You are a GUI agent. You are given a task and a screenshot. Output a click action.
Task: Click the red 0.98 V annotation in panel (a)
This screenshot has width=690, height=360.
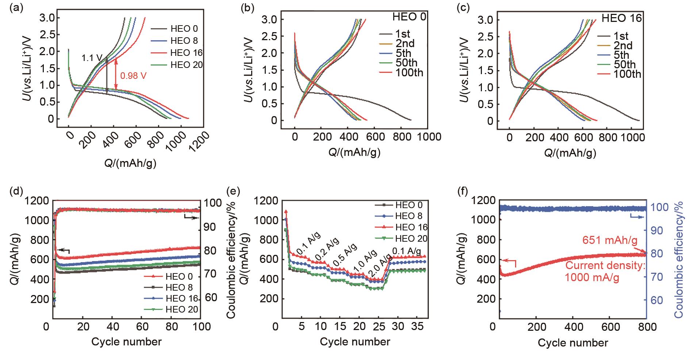pos(134,76)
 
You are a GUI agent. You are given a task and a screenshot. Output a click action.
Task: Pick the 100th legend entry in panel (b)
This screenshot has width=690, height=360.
pos(409,73)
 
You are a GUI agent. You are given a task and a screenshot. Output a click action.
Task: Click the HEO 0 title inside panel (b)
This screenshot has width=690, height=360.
pos(409,17)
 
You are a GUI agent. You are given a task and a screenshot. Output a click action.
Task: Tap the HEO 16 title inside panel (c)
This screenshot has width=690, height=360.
pos(621,18)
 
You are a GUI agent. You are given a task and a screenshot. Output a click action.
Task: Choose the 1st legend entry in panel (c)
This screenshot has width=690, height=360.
pos(621,36)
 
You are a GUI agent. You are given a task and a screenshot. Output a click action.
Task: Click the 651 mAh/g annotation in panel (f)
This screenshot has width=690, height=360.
pos(610,241)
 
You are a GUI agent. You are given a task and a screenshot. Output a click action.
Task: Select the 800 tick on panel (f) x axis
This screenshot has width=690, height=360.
pos(646,326)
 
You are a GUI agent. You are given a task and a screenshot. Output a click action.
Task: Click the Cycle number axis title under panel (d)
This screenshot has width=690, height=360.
pos(126,342)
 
